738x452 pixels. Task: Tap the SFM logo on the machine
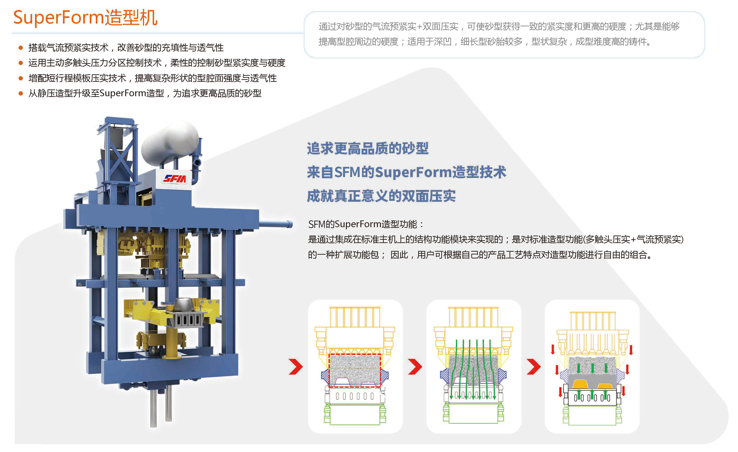point(175,179)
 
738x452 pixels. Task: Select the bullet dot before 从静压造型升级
point(21,93)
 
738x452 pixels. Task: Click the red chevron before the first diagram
point(296,366)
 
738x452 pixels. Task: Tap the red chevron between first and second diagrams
point(415,366)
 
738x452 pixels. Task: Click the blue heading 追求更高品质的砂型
point(368,148)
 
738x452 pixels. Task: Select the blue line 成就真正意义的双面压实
point(381,196)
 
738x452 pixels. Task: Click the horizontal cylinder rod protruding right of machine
point(276,224)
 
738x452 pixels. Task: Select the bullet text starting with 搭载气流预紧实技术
point(126,48)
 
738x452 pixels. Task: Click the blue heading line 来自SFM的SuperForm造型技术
point(407,172)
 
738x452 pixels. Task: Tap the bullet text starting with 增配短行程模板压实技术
point(152,78)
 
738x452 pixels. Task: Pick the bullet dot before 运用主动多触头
point(21,63)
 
